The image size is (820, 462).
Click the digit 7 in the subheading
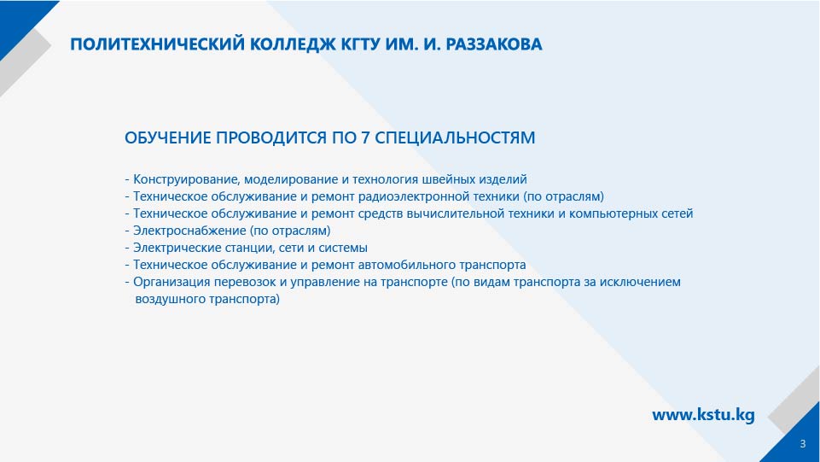click(365, 137)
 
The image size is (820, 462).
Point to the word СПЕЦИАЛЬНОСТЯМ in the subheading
click(455, 137)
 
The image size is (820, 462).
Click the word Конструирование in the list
click(187, 179)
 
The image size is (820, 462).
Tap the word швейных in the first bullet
click(449, 179)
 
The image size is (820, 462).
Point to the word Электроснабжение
click(189, 231)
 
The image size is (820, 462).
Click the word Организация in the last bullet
click(171, 282)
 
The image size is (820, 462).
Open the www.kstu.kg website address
click(703, 415)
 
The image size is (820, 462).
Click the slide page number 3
click(803, 444)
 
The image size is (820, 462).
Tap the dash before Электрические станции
click(127, 249)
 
